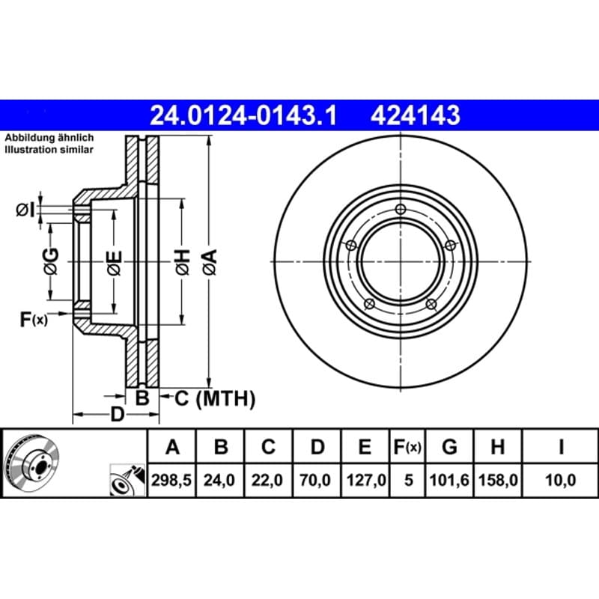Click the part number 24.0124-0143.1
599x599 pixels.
[x=243, y=115]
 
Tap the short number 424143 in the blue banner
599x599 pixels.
[x=416, y=115]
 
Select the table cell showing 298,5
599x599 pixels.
[x=171, y=480]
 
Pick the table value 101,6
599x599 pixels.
[x=449, y=480]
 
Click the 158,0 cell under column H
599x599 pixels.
[x=498, y=480]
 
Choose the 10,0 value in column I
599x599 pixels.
[x=560, y=480]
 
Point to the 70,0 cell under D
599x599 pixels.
[x=315, y=480]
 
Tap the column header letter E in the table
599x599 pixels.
[x=365, y=446]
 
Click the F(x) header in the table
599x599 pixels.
[x=407, y=446]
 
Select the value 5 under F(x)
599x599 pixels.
[x=409, y=480]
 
